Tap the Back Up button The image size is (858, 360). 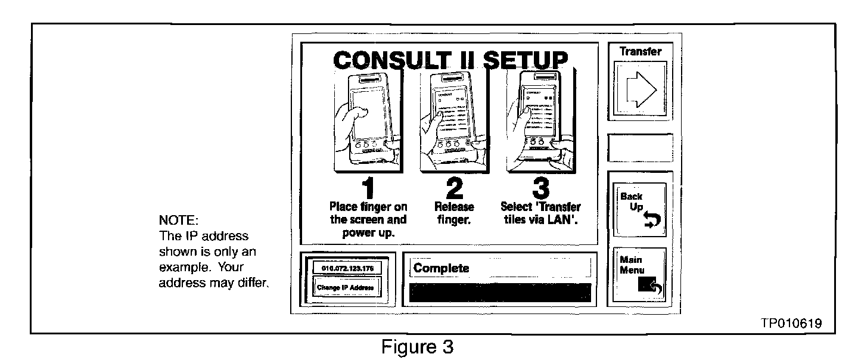click(x=640, y=210)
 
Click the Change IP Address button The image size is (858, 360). click(x=347, y=288)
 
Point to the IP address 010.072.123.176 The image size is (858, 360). click(x=347, y=268)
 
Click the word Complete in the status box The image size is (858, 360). click(x=442, y=268)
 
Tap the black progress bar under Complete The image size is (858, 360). click(x=500, y=293)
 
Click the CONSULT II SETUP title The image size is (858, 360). click(x=450, y=60)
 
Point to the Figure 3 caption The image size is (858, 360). click(x=418, y=347)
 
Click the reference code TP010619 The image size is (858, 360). click(x=791, y=323)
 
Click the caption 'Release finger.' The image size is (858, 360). click(x=454, y=213)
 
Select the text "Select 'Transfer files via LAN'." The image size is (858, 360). click(x=540, y=213)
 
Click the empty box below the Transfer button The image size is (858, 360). click(x=640, y=147)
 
